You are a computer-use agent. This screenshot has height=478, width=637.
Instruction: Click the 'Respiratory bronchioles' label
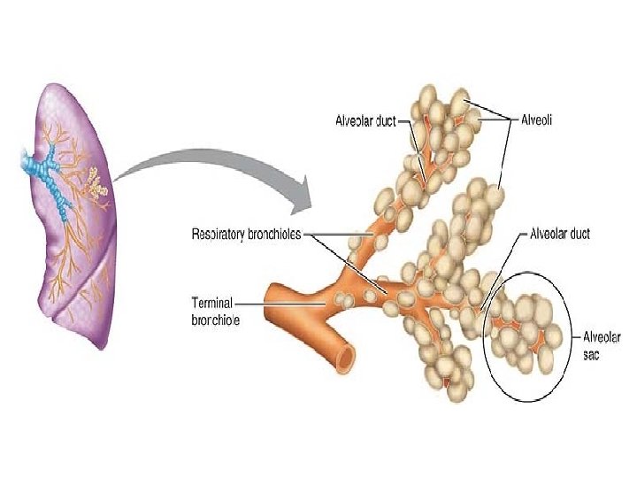[x=246, y=235]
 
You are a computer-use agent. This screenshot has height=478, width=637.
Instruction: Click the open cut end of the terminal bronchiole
[x=344, y=356]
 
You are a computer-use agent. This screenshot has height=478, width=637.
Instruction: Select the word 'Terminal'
[x=212, y=301]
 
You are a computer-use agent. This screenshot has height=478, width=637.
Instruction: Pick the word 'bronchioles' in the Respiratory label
[x=272, y=235]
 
